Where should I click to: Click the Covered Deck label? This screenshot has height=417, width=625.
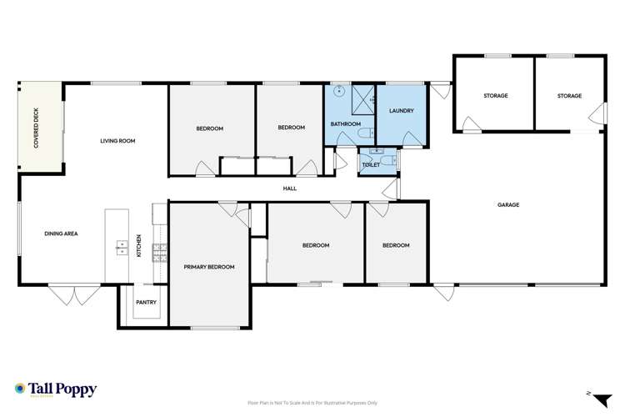coord(37,129)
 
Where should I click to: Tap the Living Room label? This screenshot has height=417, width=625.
coord(117,141)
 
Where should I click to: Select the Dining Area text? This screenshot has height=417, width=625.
coord(61,234)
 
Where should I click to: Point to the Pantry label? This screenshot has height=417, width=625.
coord(147,302)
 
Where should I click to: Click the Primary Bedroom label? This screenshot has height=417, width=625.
coord(209,267)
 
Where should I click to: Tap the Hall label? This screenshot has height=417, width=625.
coord(290,188)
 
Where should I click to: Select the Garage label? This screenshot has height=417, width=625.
coord(508,204)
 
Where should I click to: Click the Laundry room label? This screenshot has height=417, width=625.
coord(402,111)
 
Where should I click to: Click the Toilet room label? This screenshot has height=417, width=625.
coord(371,165)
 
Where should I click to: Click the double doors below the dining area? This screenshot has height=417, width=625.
coord(67,294)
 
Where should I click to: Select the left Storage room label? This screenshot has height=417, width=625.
coord(495,96)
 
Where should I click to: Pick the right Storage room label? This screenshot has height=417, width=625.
coord(569,96)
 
